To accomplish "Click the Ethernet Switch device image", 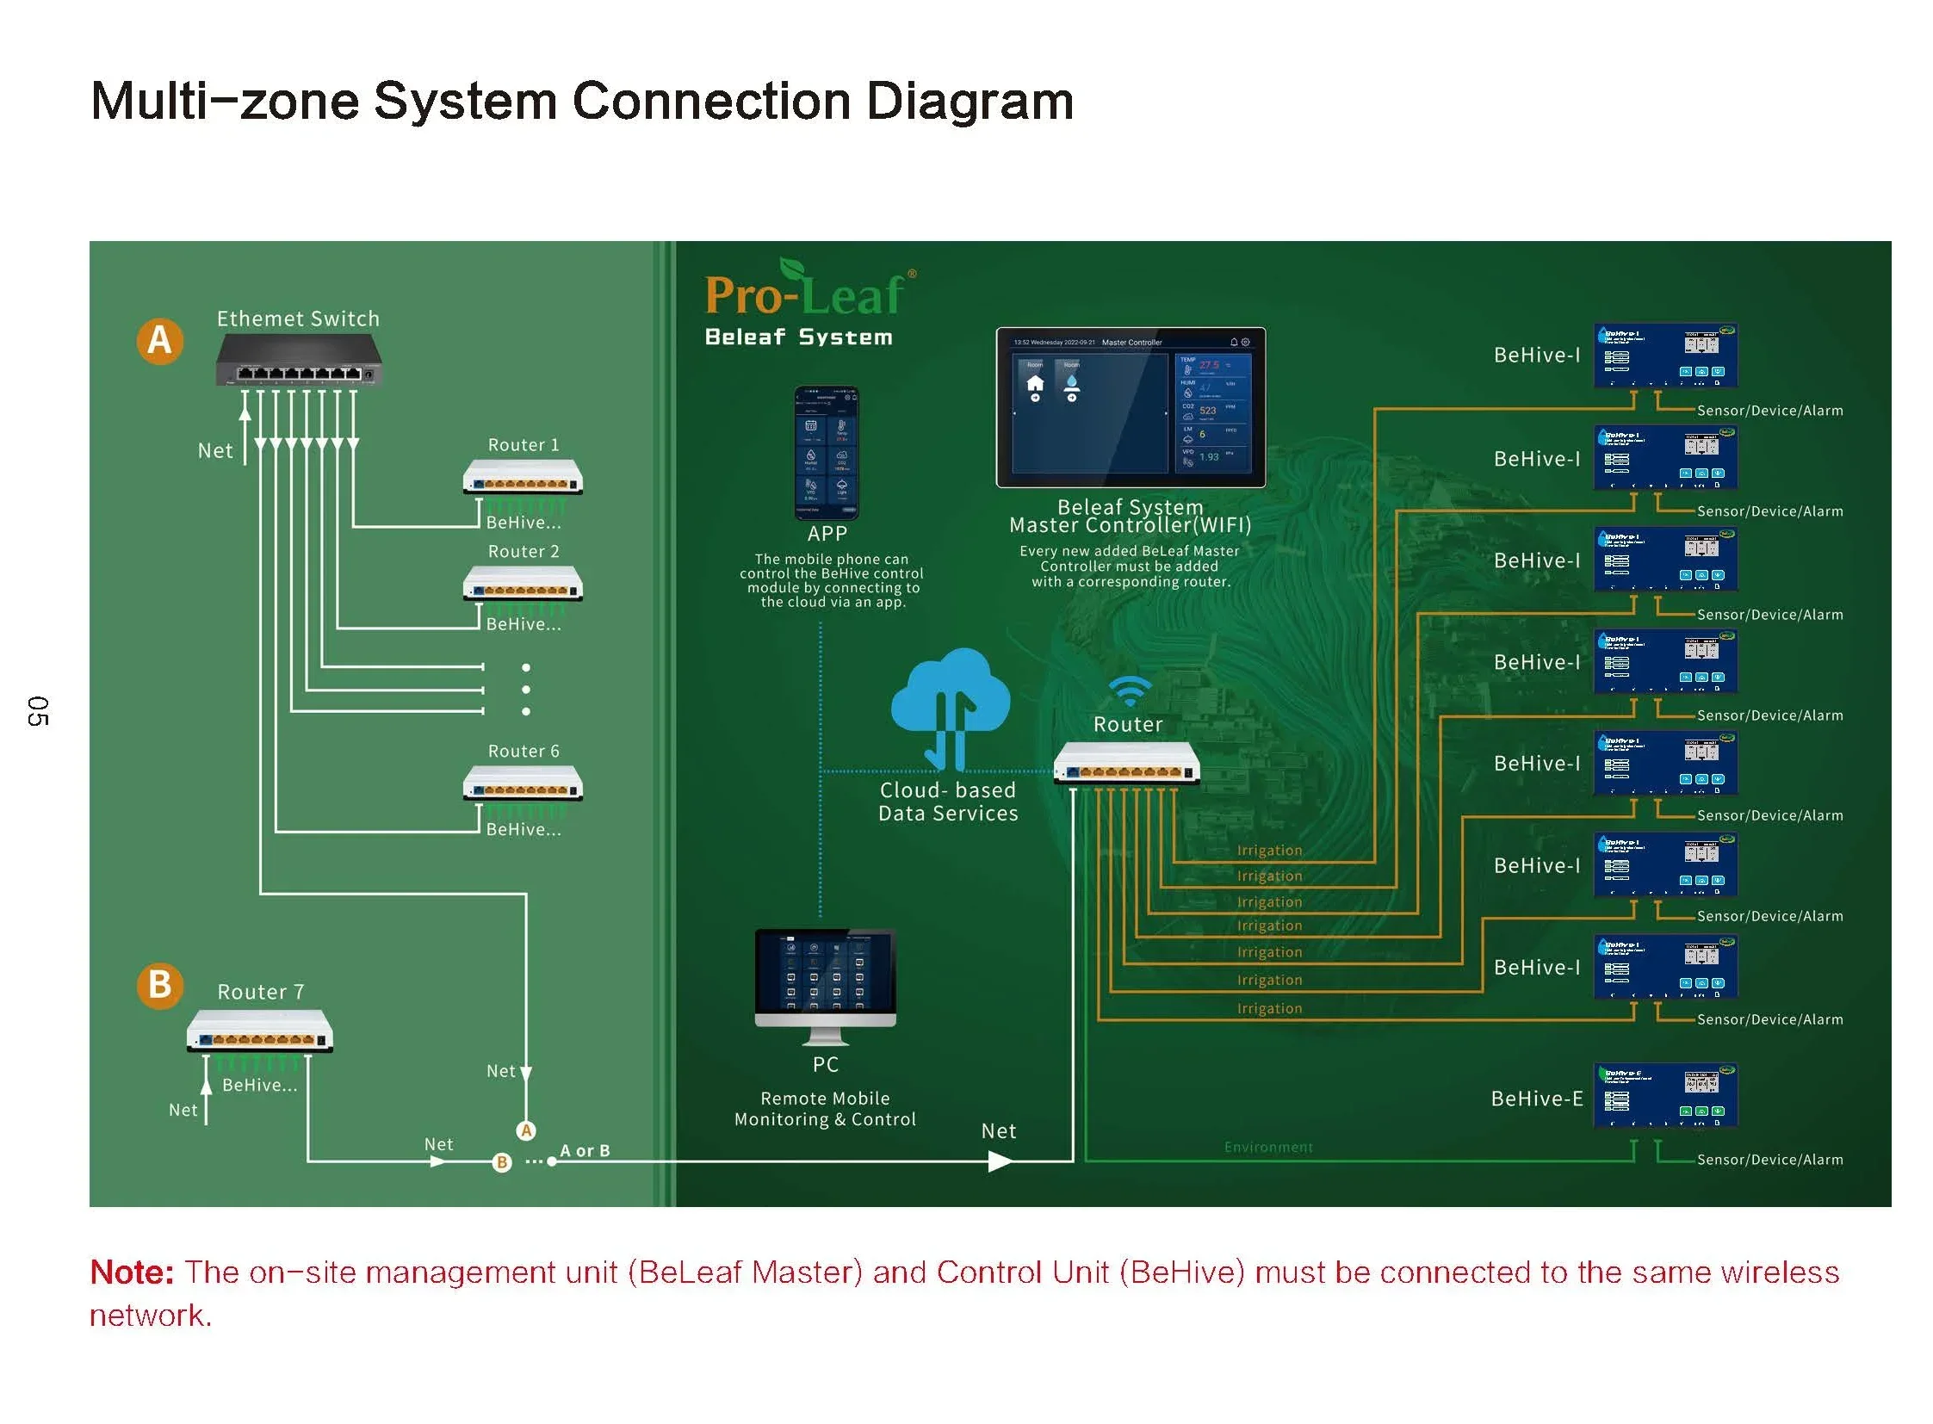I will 298,361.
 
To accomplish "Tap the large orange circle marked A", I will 159,341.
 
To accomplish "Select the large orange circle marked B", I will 159,985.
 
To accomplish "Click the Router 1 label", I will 524,446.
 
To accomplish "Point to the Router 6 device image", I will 523,783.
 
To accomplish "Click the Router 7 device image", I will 259,1031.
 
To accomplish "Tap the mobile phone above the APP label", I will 825,454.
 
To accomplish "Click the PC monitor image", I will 825,978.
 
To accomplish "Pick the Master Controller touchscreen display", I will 1130,408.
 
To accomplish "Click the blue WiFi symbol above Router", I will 1129,690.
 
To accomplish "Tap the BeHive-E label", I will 1536,1099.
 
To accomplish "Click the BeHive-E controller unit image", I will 1665,1096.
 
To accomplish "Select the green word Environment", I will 1268,1148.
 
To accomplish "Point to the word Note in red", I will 132,1273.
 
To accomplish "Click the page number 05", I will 38,711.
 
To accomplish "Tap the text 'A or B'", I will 585,1152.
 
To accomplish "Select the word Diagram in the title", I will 970,102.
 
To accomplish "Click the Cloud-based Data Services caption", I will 947,802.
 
